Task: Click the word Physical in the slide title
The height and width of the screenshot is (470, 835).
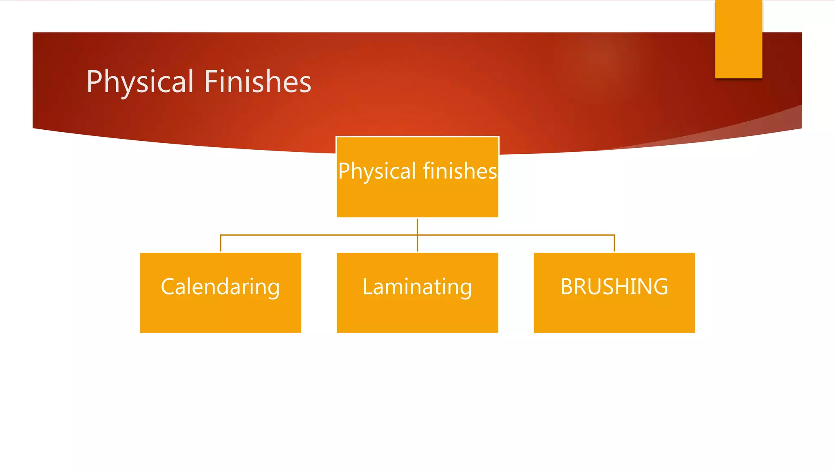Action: click(x=140, y=82)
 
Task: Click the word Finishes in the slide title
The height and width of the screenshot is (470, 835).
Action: click(x=257, y=82)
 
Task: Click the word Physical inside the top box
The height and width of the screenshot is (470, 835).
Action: click(x=377, y=171)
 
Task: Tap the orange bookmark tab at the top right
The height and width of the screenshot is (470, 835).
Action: click(x=738, y=39)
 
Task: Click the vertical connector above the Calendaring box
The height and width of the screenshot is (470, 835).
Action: click(x=221, y=244)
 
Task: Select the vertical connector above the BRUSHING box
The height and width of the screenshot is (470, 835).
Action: click(x=614, y=244)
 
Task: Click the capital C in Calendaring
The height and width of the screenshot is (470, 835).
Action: click(x=168, y=286)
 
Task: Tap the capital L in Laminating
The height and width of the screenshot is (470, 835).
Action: click(x=367, y=286)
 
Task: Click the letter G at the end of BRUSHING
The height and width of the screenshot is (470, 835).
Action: click(x=660, y=286)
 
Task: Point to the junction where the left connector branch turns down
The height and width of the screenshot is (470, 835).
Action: click(x=221, y=235)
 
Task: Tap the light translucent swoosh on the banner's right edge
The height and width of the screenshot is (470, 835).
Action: click(x=767, y=122)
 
